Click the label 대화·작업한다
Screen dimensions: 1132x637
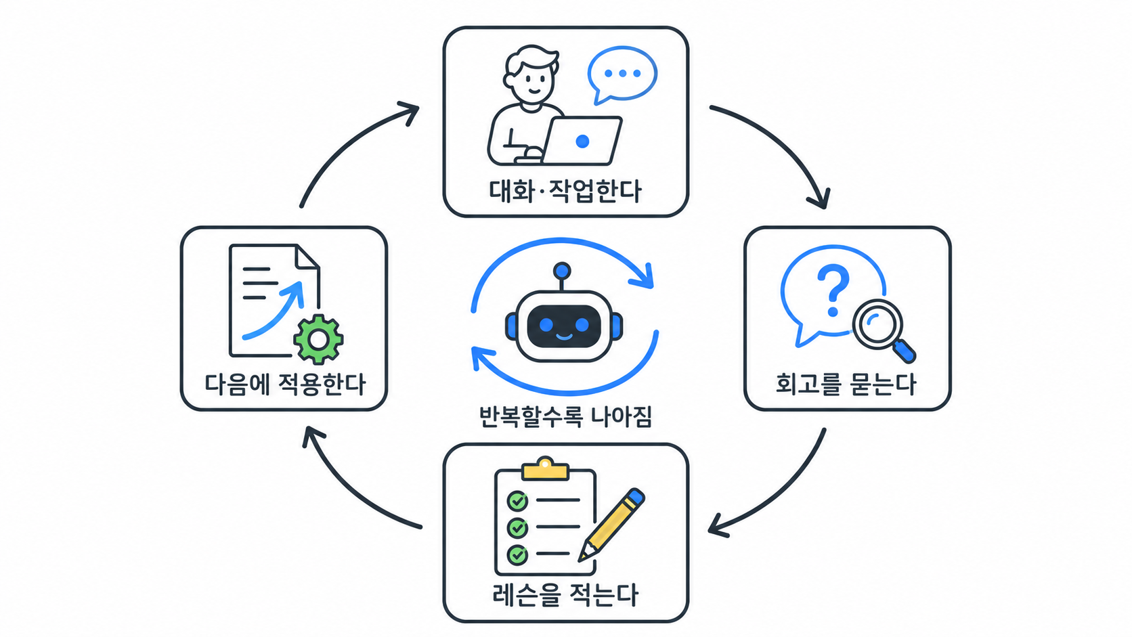(565, 191)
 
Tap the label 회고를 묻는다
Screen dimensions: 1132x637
(846, 385)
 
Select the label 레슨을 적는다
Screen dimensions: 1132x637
(565, 594)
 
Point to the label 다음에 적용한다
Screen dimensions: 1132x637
(284, 385)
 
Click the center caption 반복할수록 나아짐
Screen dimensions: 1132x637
(565, 417)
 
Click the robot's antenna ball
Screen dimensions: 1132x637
(562, 271)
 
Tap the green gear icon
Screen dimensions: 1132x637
(318, 339)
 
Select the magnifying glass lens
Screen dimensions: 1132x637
(878, 324)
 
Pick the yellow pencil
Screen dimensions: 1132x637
(611, 525)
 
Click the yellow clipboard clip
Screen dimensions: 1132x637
(545, 469)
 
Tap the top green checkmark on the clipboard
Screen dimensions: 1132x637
(517, 501)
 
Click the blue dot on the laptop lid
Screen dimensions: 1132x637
(582, 141)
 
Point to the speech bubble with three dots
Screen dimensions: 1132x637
(622, 74)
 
